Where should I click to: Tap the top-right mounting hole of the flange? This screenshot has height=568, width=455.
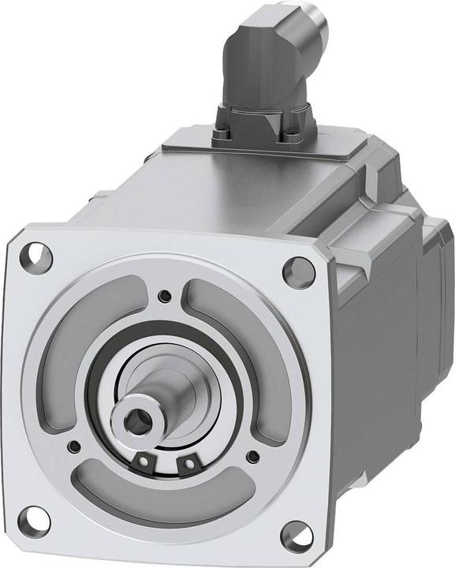pos(299,271)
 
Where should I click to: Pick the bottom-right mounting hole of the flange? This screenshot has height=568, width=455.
pos(296,535)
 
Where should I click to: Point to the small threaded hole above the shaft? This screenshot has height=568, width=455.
pos(163,297)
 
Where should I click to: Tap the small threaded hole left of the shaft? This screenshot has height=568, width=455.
pos(73,447)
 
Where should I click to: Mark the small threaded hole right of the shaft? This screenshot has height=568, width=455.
pos(252,457)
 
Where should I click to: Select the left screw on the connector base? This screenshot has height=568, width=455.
pos(222,133)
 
